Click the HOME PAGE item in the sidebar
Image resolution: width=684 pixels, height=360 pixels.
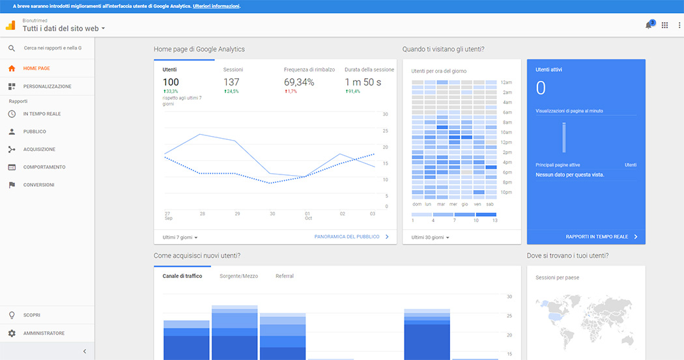point(36,68)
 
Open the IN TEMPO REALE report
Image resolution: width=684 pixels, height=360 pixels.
point(42,114)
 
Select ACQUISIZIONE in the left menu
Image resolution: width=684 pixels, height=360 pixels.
point(39,149)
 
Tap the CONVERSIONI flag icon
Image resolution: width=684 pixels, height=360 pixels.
point(12,185)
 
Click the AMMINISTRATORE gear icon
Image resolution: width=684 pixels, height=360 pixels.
point(12,333)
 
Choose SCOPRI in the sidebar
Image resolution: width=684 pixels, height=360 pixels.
point(32,315)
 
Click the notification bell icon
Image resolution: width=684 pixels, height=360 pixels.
point(648,25)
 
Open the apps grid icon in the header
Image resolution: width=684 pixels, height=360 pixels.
point(664,25)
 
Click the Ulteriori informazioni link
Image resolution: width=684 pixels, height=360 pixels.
point(216,6)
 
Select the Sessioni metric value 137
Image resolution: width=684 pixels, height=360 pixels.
point(231,82)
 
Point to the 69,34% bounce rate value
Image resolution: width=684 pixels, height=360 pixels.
point(299,82)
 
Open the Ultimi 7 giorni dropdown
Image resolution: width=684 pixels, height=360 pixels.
point(180,237)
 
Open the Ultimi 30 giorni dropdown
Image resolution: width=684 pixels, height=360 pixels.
point(430,237)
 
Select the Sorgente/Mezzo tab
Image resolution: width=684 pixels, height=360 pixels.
point(238,276)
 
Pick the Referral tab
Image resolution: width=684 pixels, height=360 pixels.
point(284,276)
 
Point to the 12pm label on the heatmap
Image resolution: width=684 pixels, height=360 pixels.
point(507,142)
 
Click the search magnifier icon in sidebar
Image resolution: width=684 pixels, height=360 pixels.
point(12,48)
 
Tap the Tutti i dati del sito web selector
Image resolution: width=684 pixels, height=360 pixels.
point(64,29)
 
